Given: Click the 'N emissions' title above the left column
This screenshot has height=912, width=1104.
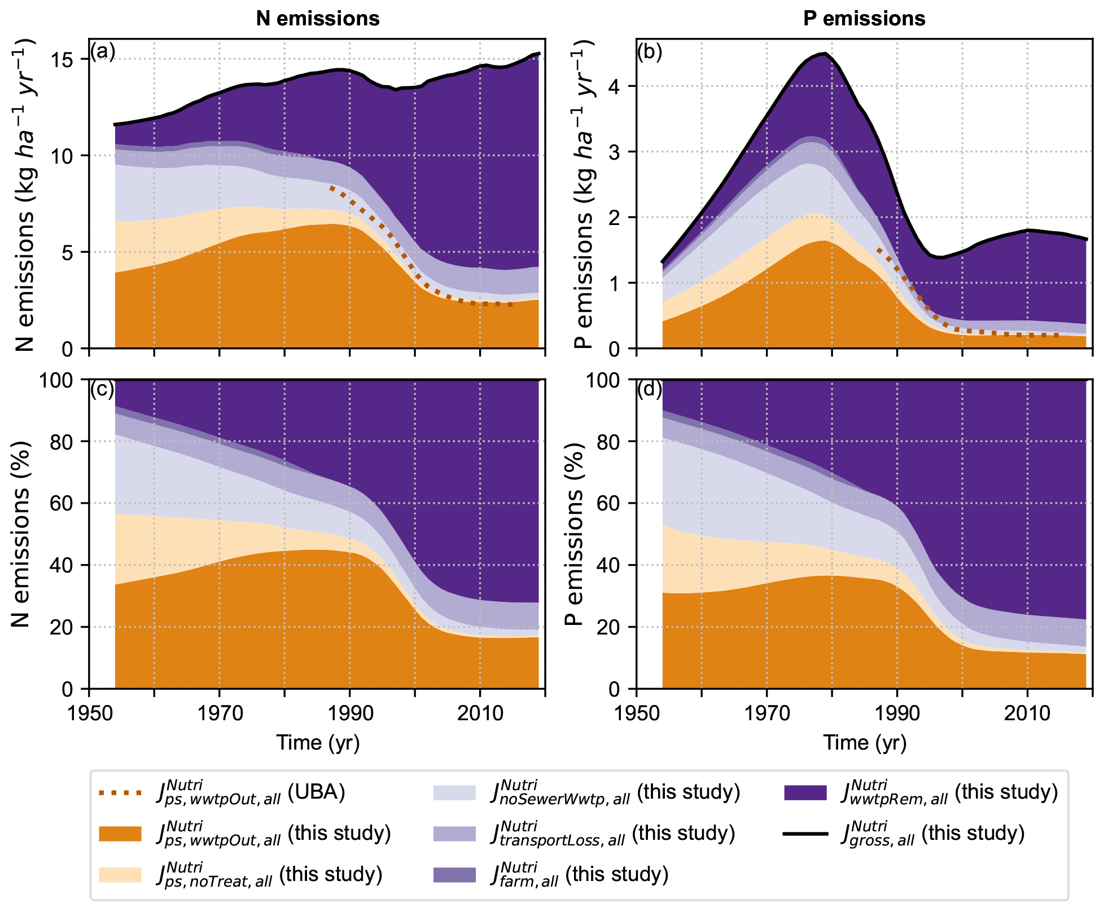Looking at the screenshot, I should click(x=318, y=19).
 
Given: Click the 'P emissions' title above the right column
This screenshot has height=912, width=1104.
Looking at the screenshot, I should click(x=864, y=19).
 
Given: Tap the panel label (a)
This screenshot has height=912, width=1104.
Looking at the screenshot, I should click(x=103, y=51).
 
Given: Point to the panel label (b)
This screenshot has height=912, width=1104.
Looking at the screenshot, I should click(x=650, y=51).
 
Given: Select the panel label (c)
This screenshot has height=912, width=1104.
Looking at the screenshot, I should click(x=102, y=389).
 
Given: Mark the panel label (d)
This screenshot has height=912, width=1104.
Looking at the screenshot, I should click(x=650, y=389).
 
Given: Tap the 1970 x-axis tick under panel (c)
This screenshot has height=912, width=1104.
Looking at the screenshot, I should click(x=220, y=713).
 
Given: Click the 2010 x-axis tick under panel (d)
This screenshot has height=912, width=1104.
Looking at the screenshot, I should click(x=1027, y=713).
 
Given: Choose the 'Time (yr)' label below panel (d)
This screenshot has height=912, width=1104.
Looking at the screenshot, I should click(x=864, y=742).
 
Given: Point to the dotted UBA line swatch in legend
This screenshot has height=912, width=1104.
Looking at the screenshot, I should click(x=120, y=793).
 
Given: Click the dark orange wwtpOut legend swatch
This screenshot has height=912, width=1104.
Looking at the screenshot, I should click(x=120, y=834).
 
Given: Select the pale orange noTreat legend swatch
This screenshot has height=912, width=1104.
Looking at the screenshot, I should click(x=120, y=875).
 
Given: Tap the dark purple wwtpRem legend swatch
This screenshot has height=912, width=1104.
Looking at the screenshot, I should click(x=805, y=793).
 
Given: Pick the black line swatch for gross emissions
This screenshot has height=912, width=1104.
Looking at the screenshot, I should click(x=805, y=834).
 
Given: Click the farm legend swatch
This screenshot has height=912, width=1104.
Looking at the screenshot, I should click(x=454, y=875).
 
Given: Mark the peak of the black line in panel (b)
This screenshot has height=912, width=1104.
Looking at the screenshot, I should click(x=826, y=54).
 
